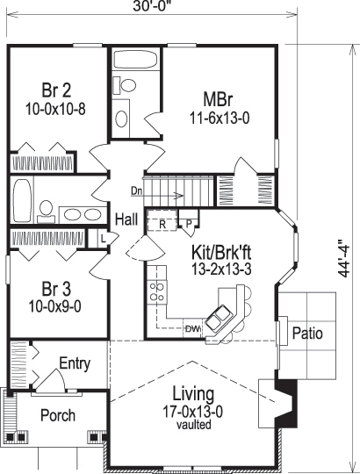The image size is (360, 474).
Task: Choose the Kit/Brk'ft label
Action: coord(221,252)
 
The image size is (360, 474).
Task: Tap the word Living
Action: coord(189,392)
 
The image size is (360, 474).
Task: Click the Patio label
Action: coord(306,334)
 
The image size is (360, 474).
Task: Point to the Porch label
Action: coord(58,415)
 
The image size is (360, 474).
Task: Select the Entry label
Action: coord(75,363)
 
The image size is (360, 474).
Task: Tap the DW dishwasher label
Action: coord(192,329)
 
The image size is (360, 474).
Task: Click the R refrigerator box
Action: coord(162,224)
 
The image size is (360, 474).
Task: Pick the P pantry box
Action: coord(188,224)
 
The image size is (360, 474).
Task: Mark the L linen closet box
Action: coord(103,238)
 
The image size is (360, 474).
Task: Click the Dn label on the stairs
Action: coord(137,190)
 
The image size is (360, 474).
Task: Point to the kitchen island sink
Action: coord(220,312)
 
